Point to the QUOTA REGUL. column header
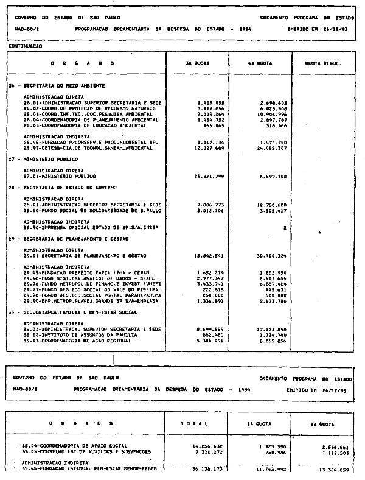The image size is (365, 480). click(322, 63)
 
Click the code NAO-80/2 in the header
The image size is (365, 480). click(24, 29)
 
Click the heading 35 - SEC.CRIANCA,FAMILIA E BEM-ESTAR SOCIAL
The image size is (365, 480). click(67, 312)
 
